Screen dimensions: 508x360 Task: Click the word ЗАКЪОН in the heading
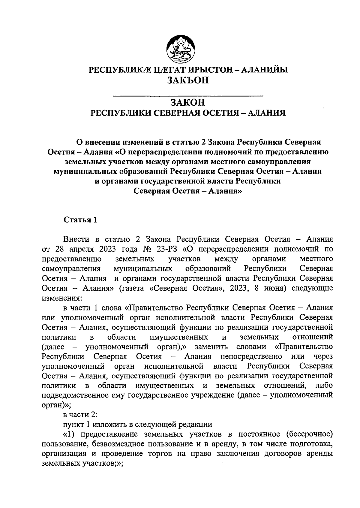coord(187,80)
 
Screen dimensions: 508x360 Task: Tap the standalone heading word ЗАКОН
coord(187,102)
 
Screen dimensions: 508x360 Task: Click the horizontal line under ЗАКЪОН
coord(187,96)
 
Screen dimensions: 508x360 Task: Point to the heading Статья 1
coord(80,220)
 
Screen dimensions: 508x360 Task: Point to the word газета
coord(132,288)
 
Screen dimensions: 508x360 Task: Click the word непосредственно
coord(251,356)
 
